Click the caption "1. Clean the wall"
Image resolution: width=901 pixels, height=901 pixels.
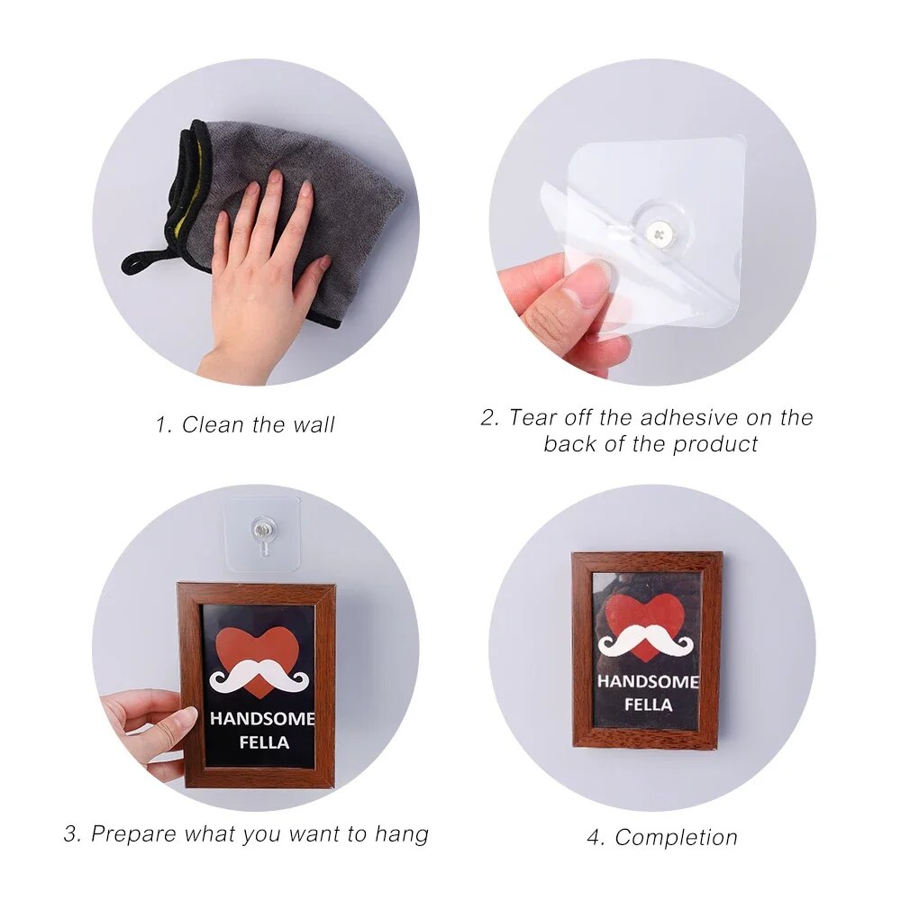(244, 424)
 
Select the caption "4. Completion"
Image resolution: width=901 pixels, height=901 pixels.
(662, 837)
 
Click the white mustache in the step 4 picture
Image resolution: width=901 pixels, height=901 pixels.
(646, 642)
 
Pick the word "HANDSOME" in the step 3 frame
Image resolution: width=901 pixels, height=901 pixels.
(262, 719)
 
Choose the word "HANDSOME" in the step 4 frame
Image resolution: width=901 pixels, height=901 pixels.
(647, 682)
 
